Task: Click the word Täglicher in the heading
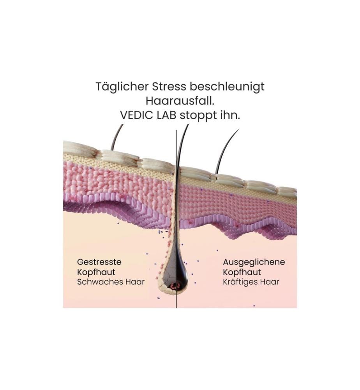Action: point(122,87)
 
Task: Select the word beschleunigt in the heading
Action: point(227,87)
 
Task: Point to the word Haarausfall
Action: point(180,101)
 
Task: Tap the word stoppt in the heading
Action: point(199,116)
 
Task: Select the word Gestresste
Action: point(99,262)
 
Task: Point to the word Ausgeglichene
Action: point(254,262)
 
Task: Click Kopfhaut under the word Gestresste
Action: point(96,272)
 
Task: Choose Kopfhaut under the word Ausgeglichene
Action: point(242,272)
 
